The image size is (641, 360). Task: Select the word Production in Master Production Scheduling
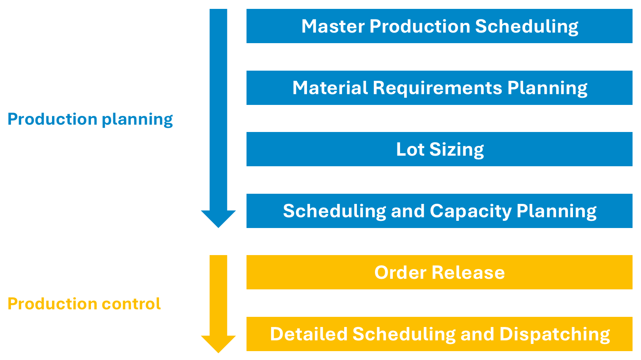pyautogui.click(x=419, y=26)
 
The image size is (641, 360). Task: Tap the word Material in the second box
pyautogui.click(x=330, y=88)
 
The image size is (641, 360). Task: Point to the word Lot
pyautogui.click(x=410, y=149)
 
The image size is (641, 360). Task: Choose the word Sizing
pyautogui.click(x=456, y=149)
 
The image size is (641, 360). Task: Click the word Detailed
pyautogui.click(x=309, y=334)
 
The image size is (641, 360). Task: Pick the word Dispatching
pyautogui.click(x=554, y=334)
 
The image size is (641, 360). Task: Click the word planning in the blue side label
pyautogui.click(x=137, y=120)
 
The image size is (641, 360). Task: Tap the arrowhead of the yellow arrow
pyautogui.click(x=218, y=344)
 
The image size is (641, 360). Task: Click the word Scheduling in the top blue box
pyautogui.click(x=526, y=26)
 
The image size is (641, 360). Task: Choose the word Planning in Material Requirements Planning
pyautogui.click(x=547, y=88)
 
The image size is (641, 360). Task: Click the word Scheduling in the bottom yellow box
pyautogui.click(x=404, y=334)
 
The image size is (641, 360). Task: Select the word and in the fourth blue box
pyautogui.click(x=408, y=211)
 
